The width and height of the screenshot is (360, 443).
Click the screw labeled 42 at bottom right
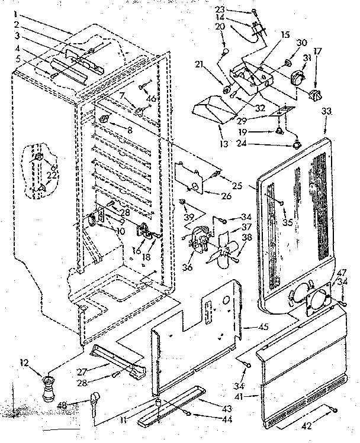[335, 410]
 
